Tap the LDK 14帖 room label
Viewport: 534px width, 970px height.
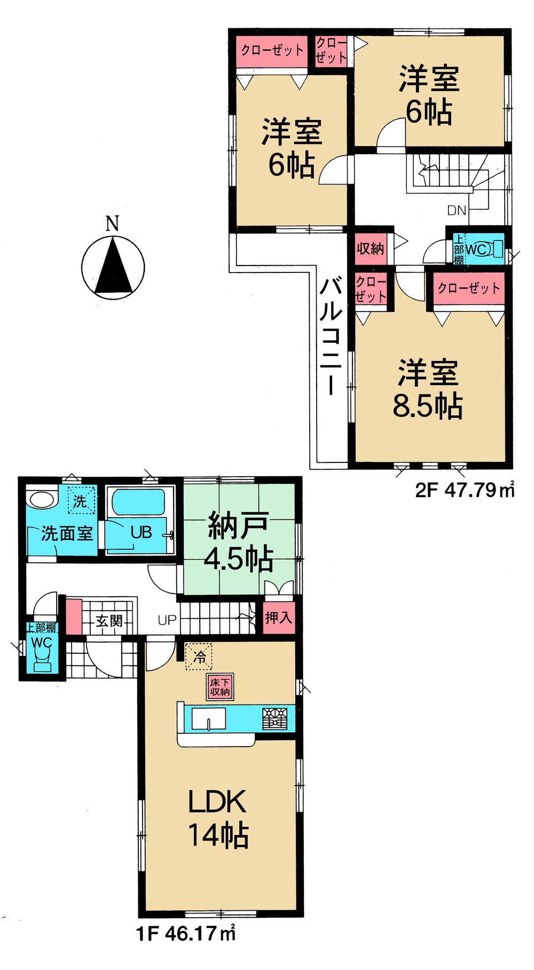click(218, 819)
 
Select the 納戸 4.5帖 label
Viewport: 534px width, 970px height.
click(238, 543)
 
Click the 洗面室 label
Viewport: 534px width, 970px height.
click(67, 533)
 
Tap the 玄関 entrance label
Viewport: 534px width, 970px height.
click(109, 621)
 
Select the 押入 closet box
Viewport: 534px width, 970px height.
click(278, 618)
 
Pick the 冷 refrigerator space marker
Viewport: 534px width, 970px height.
click(199, 657)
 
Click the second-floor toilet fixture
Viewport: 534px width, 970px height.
click(496, 248)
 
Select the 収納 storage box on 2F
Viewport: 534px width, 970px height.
click(370, 248)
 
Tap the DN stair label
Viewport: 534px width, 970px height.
click(457, 211)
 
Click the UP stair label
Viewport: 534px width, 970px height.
click(167, 621)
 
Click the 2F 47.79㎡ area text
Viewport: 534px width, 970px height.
click(465, 490)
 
